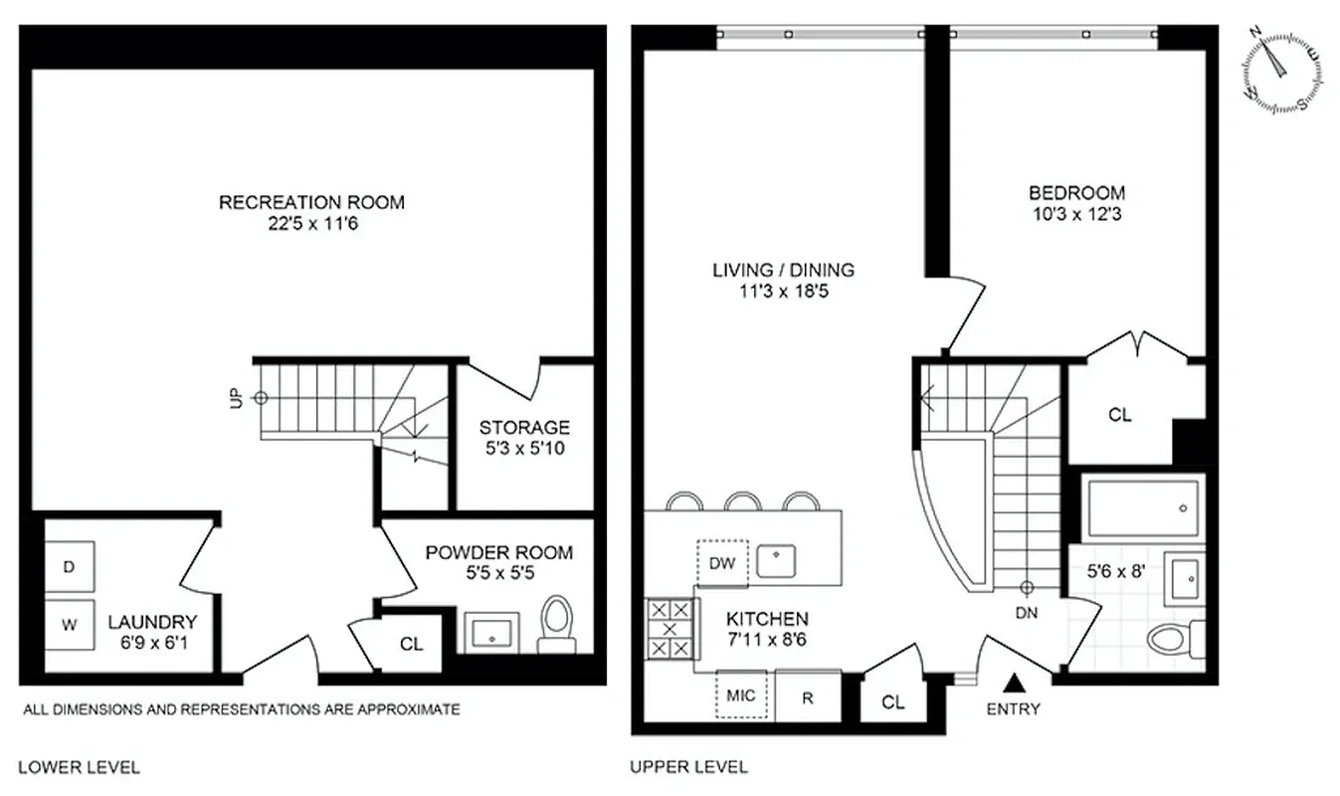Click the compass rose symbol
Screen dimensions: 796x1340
(x=1282, y=70)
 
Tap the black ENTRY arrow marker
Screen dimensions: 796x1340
(x=1013, y=683)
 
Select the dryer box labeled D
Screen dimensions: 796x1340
(x=70, y=567)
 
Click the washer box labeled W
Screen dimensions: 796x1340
(x=70, y=625)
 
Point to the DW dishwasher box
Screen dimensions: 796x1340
(x=722, y=563)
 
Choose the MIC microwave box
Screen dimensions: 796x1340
(x=741, y=696)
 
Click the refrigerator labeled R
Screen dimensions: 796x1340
(x=808, y=696)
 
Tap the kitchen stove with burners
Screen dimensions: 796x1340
(x=669, y=629)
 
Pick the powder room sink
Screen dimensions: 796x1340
(x=489, y=632)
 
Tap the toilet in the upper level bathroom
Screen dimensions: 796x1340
(x=1174, y=637)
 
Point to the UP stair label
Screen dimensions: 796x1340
(x=236, y=398)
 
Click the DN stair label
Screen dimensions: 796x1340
(x=1027, y=613)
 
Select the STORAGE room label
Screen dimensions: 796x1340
(x=524, y=428)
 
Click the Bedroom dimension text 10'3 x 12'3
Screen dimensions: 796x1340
(x=1076, y=213)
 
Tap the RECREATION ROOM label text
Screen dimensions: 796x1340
(x=311, y=202)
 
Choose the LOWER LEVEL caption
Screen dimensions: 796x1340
(x=79, y=767)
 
